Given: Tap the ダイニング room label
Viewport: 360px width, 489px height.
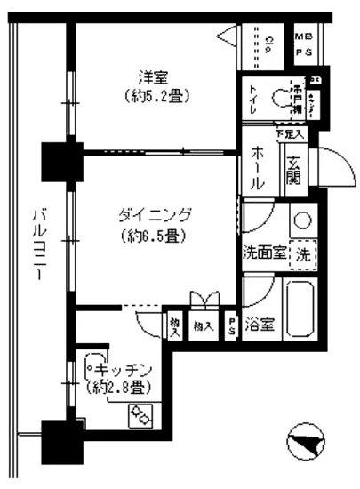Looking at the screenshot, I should [x=155, y=215].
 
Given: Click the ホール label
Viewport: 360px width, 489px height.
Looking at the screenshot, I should [x=257, y=168].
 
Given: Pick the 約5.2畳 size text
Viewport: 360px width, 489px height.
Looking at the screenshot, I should [x=157, y=96].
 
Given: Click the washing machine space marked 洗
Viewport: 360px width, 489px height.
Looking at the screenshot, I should [x=303, y=253].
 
